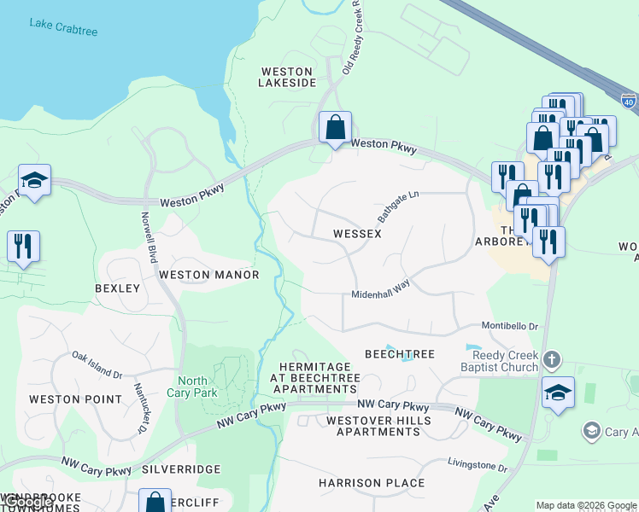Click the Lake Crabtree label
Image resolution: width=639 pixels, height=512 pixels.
click(63, 30)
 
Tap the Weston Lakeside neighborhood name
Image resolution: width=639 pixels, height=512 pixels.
click(288, 77)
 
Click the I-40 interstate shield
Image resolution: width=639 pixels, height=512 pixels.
click(628, 101)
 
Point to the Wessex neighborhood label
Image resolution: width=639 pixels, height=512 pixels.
click(356, 234)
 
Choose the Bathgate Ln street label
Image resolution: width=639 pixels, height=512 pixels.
click(399, 207)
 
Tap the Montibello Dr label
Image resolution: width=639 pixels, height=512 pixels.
click(508, 326)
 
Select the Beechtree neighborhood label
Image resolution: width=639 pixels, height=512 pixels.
click(400, 354)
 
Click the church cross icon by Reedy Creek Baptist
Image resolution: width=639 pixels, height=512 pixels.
click(552, 359)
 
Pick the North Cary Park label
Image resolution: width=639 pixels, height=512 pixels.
click(198, 387)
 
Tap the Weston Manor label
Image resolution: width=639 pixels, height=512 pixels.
click(208, 275)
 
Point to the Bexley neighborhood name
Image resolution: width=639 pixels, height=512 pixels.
click(117, 288)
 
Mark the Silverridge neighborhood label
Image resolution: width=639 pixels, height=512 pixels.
click(181, 469)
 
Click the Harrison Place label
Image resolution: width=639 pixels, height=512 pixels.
click(372, 483)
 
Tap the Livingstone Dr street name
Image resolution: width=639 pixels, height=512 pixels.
click(478, 465)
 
